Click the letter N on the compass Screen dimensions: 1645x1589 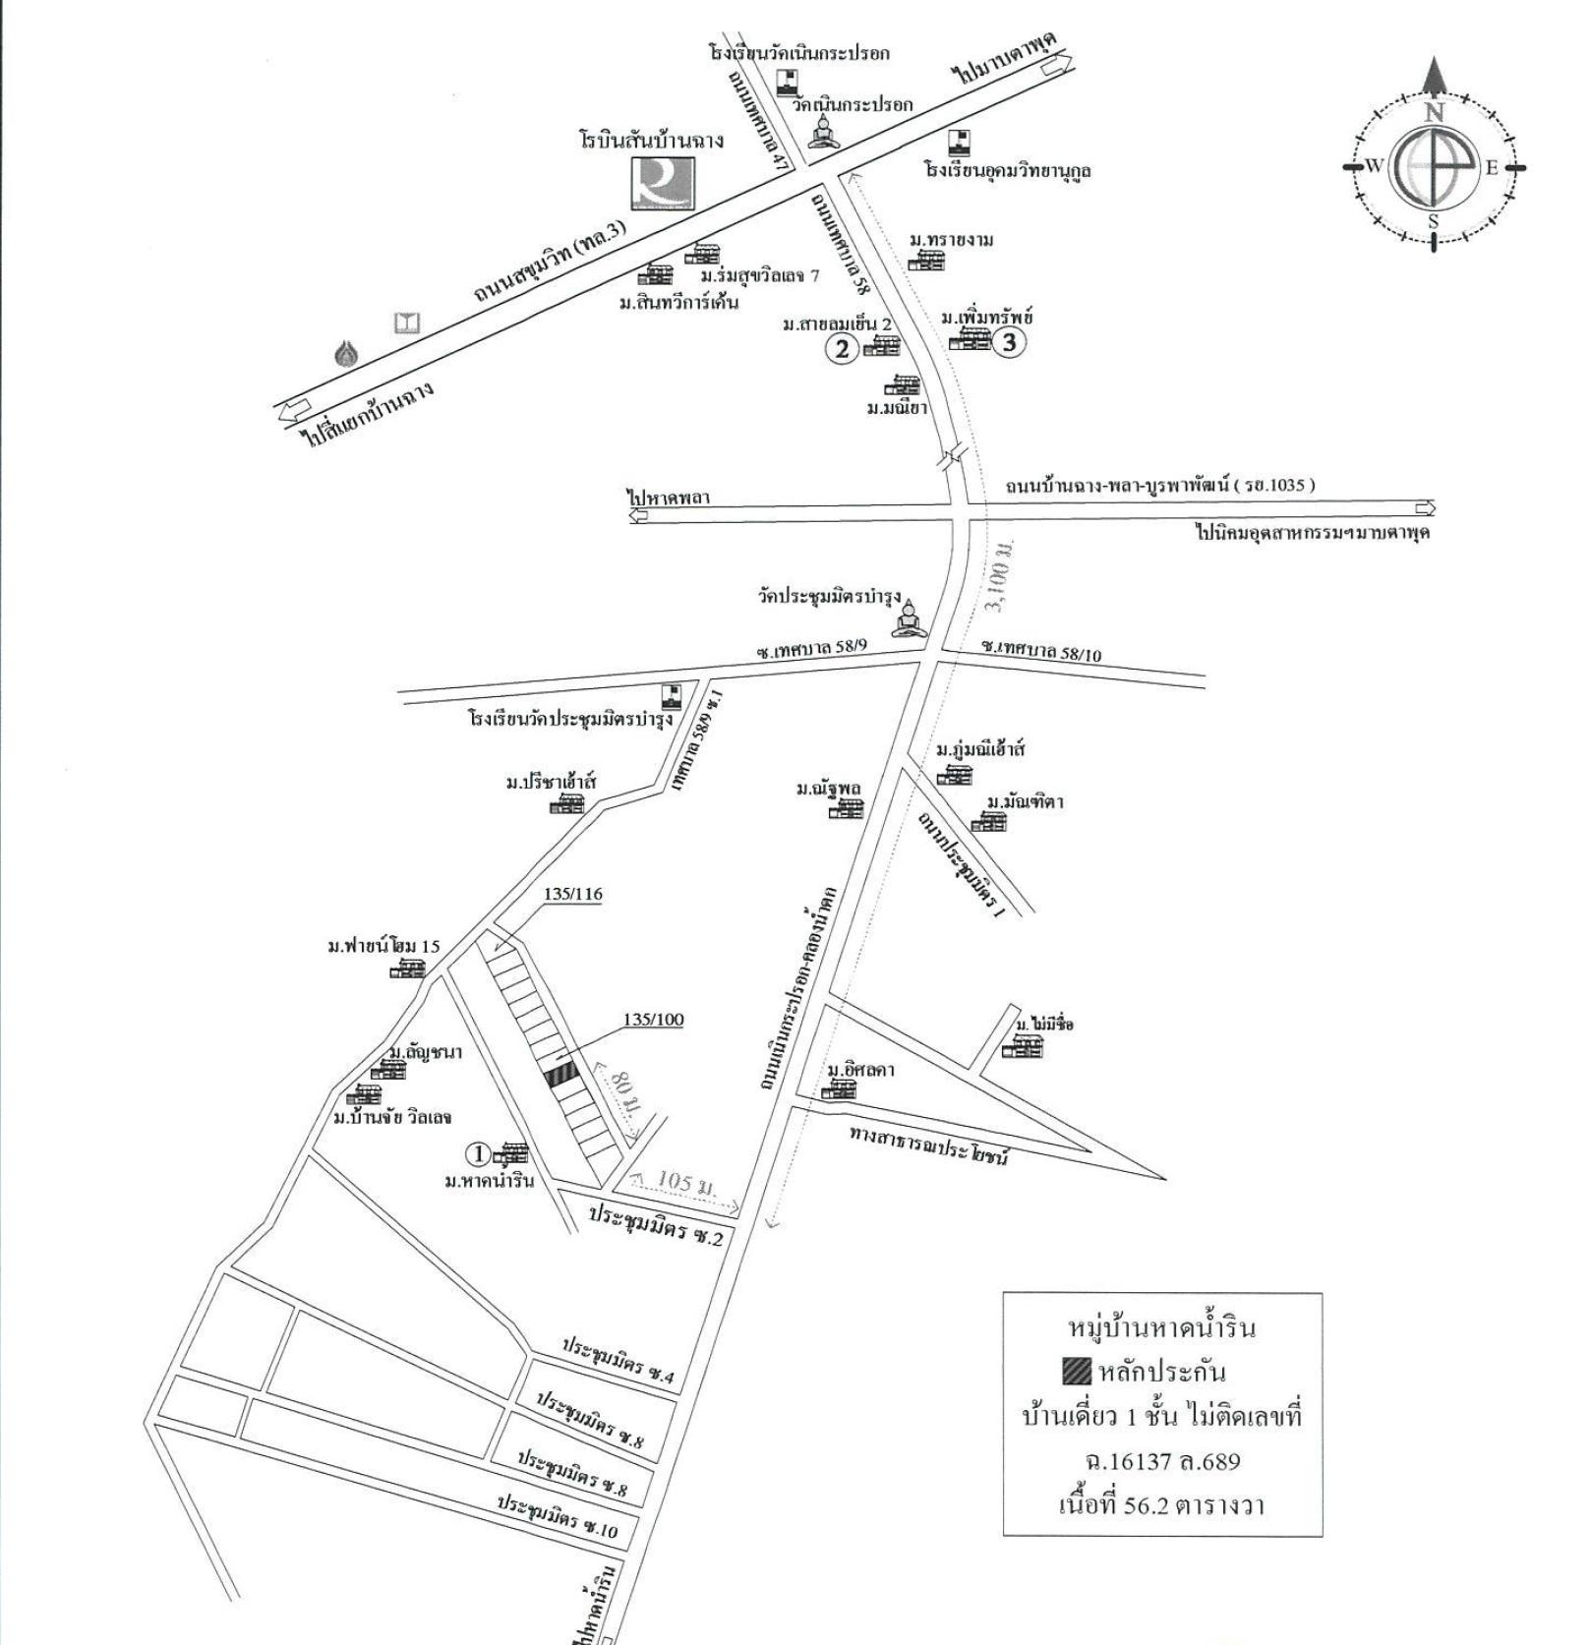[1434, 112]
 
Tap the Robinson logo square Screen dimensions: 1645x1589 [662, 184]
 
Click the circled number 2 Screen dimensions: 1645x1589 [842, 348]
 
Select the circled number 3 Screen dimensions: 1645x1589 [1008, 343]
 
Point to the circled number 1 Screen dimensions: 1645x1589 [479, 1153]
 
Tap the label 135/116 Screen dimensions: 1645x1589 [572, 894]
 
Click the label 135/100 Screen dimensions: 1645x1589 [653, 1020]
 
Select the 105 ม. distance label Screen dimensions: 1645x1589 [685, 1183]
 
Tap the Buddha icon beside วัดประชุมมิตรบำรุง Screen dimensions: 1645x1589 [910, 619]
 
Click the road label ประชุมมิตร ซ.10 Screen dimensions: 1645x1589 [557, 1515]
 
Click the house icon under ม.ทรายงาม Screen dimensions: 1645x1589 [925, 261]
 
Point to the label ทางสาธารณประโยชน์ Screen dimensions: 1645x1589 [929, 1144]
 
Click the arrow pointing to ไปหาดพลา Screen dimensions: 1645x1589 [639, 513]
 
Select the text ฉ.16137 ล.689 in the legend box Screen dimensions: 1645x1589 [1162, 1460]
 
